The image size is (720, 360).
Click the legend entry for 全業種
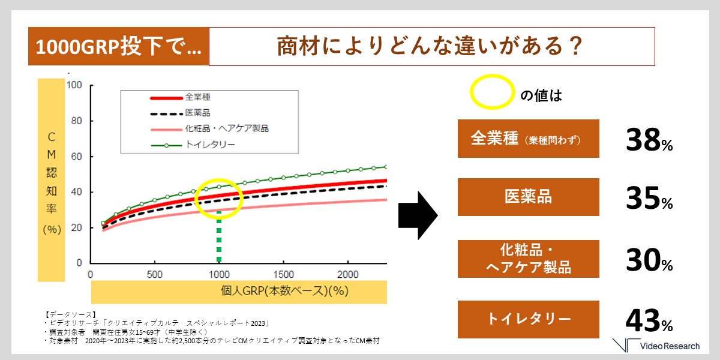(180, 97)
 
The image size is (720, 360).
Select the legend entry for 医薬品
(180, 113)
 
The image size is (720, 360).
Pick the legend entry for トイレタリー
(193, 145)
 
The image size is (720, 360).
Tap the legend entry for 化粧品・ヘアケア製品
(209, 129)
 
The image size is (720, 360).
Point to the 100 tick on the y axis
(74, 85)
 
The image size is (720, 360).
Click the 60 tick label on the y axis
(77, 157)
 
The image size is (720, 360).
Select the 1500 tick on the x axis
(283, 275)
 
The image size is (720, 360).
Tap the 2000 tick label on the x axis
(348, 275)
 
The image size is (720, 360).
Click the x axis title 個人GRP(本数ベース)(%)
(284, 291)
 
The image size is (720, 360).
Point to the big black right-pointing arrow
(418, 215)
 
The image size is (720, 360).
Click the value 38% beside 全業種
(649, 140)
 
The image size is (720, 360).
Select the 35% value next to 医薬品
(649, 198)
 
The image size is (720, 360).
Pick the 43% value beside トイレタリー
(649, 320)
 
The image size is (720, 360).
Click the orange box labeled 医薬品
(529, 197)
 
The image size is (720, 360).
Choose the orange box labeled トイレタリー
(529, 319)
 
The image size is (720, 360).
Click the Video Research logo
(656, 346)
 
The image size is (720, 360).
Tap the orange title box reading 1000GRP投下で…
(119, 46)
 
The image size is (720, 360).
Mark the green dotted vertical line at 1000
(219, 236)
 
